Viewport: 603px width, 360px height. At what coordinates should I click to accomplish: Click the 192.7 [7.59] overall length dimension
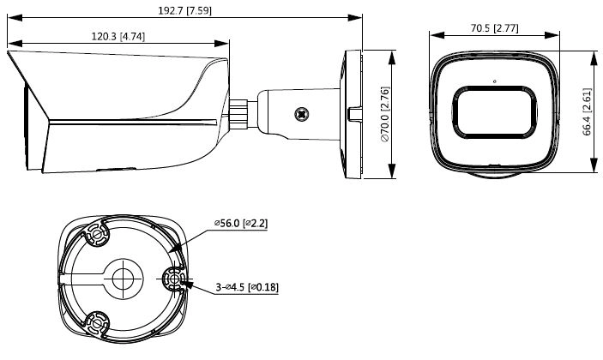(184, 10)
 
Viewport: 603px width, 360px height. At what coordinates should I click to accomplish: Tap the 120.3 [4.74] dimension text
(118, 37)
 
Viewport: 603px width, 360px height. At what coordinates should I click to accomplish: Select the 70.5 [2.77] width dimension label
(495, 28)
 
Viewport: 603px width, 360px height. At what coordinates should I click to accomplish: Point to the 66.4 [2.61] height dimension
(587, 111)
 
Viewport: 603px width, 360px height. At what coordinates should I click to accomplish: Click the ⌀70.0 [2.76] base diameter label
(385, 114)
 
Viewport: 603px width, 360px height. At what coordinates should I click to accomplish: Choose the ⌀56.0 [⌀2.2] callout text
(241, 223)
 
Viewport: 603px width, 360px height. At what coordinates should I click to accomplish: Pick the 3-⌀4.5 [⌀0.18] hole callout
(247, 286)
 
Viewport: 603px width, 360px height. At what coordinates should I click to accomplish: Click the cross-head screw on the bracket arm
(302, 114)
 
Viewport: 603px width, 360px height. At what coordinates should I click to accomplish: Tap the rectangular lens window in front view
(495, 112)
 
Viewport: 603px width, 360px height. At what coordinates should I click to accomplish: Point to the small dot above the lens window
(495, 81)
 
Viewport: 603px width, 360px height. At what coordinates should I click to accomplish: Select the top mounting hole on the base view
(97, 234)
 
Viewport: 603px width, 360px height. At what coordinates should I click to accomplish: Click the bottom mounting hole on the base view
(97, 323)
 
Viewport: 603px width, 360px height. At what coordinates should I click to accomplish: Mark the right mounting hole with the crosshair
(175, 279)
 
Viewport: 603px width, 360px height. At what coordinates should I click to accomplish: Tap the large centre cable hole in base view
(123, 279)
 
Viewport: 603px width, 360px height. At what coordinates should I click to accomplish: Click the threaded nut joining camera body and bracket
(238, 114)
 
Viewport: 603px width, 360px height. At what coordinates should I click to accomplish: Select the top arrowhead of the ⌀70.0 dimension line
(392, 57)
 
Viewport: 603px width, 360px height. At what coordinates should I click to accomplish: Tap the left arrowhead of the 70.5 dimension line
(437, 35)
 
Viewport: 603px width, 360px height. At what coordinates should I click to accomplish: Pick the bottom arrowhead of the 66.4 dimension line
(594, 165)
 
